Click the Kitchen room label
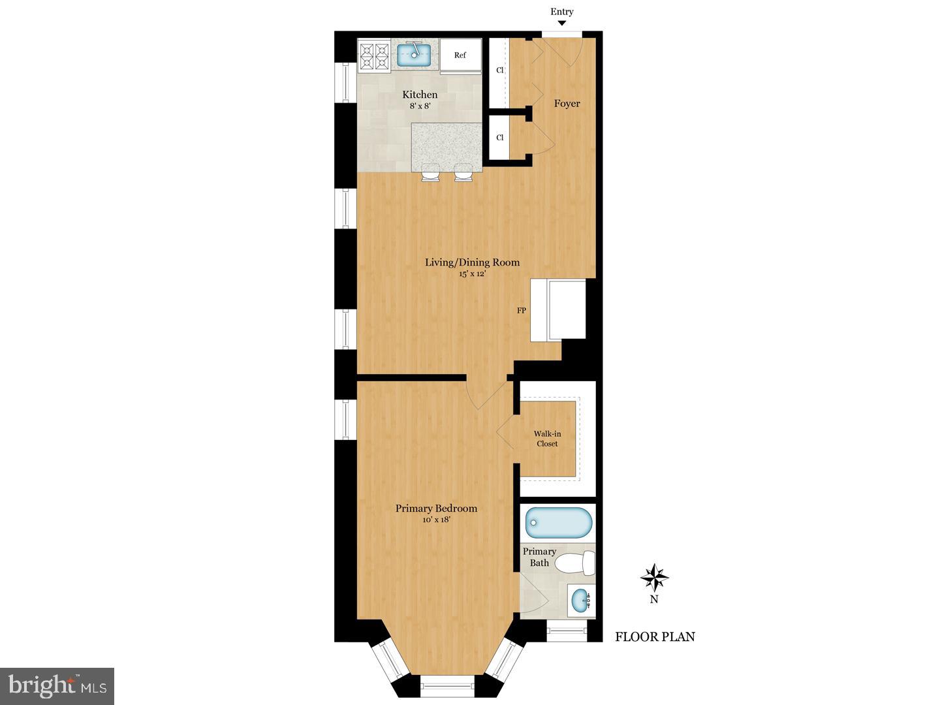(x=420, y=95)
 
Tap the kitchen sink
(x=414, y=55)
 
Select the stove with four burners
(x=375, y=55)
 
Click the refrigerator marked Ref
(x=460, y=55)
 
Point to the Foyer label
(x=567, y=103)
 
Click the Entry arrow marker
(x=561, y=23)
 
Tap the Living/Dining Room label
(x=472, y=262)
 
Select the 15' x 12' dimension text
(x=472, y=274)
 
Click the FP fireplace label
(x=522, y=311)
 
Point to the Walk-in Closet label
(x=547, y=439)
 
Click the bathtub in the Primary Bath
(x=559, y=523)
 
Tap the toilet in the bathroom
(x=578, y=563)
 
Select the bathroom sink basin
(x=580, y=601)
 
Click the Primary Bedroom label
(x=436, y=509)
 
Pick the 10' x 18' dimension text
(x=436, y=520)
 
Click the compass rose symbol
(x=654, y=577)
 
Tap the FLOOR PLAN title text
(x=655, y=637)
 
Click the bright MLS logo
(x=57, y=686)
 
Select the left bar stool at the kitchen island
(x=430, y=172)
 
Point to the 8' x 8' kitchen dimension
(x=420, y=106)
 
